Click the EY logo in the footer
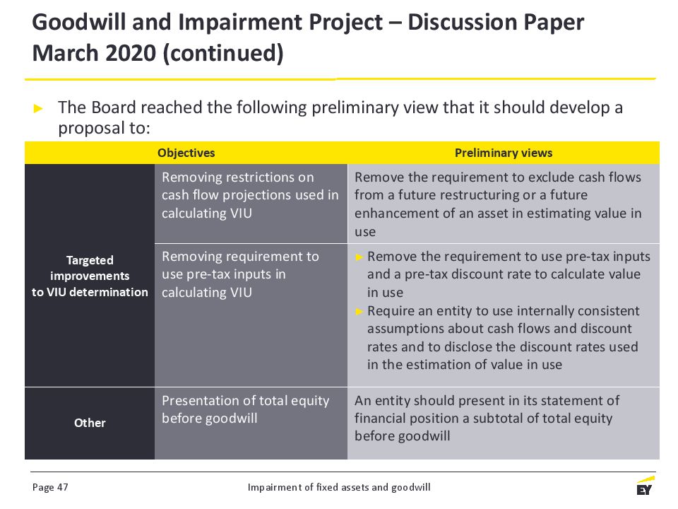(x=645, y=486)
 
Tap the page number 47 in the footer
(x=63, y=487)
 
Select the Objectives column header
(x=186, y=153)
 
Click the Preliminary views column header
(x=504, y=153)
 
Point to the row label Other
(x=90, y=423)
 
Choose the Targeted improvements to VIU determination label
(x=90, y=276)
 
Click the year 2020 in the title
(x=131, y=53)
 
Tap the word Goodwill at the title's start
(x=79, y=23)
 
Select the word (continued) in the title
(x=223, y=54)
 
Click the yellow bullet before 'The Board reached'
(x=38, y=108)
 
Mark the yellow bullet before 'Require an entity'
(x=359, y=311)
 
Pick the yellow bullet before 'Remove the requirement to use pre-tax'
(x=359, y=257)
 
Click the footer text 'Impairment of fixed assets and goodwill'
(x=339, y=487)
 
